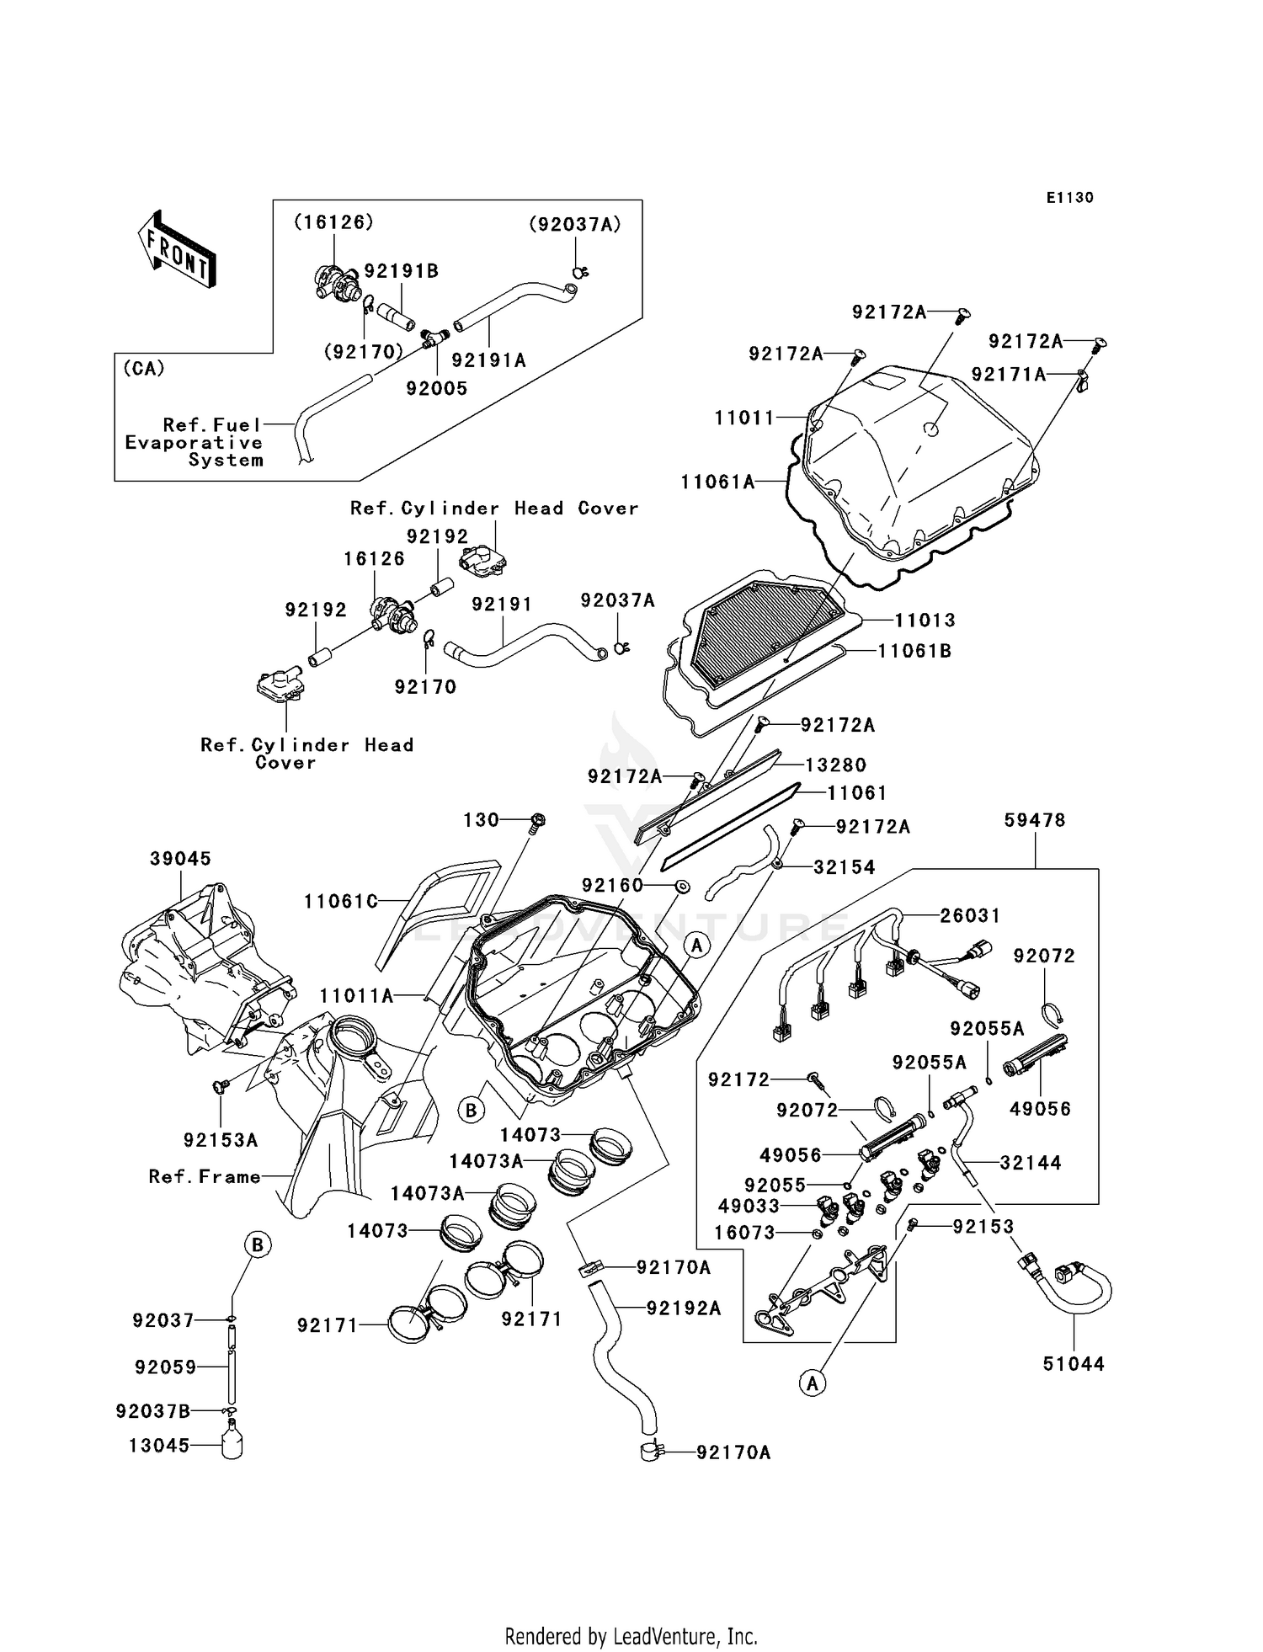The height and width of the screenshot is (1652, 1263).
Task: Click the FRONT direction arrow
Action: [x=177, y=251]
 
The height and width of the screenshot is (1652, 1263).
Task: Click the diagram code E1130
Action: [x=1069, y=198]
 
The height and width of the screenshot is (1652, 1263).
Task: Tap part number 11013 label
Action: [x=925, y=621]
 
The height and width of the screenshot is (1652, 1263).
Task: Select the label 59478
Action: [x=1035, y=820]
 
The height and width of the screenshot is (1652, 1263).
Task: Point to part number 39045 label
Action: [x=180, y=859]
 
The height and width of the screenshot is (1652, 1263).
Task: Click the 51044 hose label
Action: [x=1074, y=1363]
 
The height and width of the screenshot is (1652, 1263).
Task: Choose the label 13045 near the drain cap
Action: [x=158, y=1446]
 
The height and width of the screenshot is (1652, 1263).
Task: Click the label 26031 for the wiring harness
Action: [x=970, y=915]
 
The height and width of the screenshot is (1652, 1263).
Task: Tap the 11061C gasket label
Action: [x=341, y=902]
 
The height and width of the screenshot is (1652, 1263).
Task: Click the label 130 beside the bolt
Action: [x=482, y=820]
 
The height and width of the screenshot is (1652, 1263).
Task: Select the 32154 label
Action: [x=844, y=867]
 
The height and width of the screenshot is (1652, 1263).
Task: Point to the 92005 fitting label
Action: [x=436, y=389]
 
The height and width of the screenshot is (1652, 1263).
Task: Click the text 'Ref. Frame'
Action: [x=205, y=1176]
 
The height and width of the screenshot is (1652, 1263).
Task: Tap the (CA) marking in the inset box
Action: [x=144, y=369]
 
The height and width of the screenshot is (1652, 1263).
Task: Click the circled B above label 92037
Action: [x=258, y=1244]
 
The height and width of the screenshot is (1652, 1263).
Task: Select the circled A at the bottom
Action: [x=812, y=1383]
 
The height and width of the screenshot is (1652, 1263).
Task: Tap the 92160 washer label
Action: [x=612, y=885]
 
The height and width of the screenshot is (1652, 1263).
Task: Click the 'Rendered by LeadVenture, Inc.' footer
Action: [x=631, y=1636]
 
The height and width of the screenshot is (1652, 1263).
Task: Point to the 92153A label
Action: [x=221, y=1140]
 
